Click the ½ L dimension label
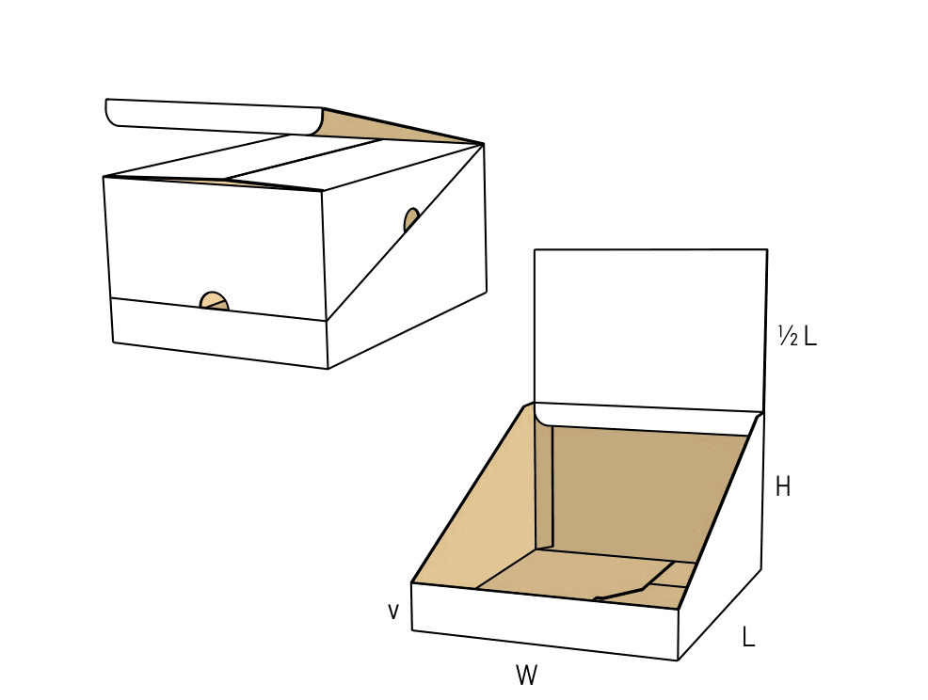coord(797,336)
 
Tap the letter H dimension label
coord(782,487)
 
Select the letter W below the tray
coord(526,676)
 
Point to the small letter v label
coord(393,612)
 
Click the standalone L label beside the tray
coord(748,637)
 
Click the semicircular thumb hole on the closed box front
coord(214,301)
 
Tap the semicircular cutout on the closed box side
coord(410,219)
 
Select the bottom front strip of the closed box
coord(219,332)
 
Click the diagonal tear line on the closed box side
coord(406,232)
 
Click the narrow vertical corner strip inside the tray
coord(543,485)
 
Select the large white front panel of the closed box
coord(216,243)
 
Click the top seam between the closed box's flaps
coord(302,159)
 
